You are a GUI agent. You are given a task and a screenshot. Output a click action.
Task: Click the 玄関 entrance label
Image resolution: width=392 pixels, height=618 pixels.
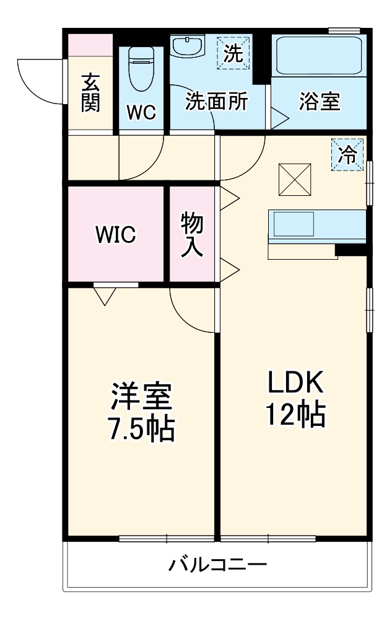(x=90, y=92)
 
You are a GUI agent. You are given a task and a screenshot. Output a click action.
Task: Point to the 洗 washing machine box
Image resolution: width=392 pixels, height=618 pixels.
(x=233, y=52)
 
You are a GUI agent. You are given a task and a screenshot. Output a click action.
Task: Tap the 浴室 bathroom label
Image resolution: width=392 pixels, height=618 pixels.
(x=320, y=101)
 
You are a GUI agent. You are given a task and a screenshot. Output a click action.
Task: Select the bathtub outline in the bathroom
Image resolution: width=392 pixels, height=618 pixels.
(x=320, y=56)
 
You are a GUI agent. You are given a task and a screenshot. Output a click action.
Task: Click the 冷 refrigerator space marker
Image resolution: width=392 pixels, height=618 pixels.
(x=348, y=153)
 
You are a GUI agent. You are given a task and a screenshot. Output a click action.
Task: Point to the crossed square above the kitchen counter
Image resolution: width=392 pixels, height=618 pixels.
(x=294, y=179)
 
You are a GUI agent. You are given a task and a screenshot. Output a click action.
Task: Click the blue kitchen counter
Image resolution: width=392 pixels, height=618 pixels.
(x=316, y=223)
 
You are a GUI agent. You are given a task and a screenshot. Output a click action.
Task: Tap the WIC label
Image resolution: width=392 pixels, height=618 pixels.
(x=116, y=234)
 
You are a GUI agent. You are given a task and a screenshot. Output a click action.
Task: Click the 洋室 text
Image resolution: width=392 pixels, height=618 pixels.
(x=142, y=397)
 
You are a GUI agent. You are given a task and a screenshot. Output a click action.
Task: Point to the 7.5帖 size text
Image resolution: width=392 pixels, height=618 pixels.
(x=142, y=428)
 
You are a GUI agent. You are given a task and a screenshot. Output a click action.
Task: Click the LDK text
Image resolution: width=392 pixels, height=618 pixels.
(x=295, y=382)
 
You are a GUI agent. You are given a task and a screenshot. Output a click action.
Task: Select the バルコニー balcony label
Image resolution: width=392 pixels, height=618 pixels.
(x=218, y=565)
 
